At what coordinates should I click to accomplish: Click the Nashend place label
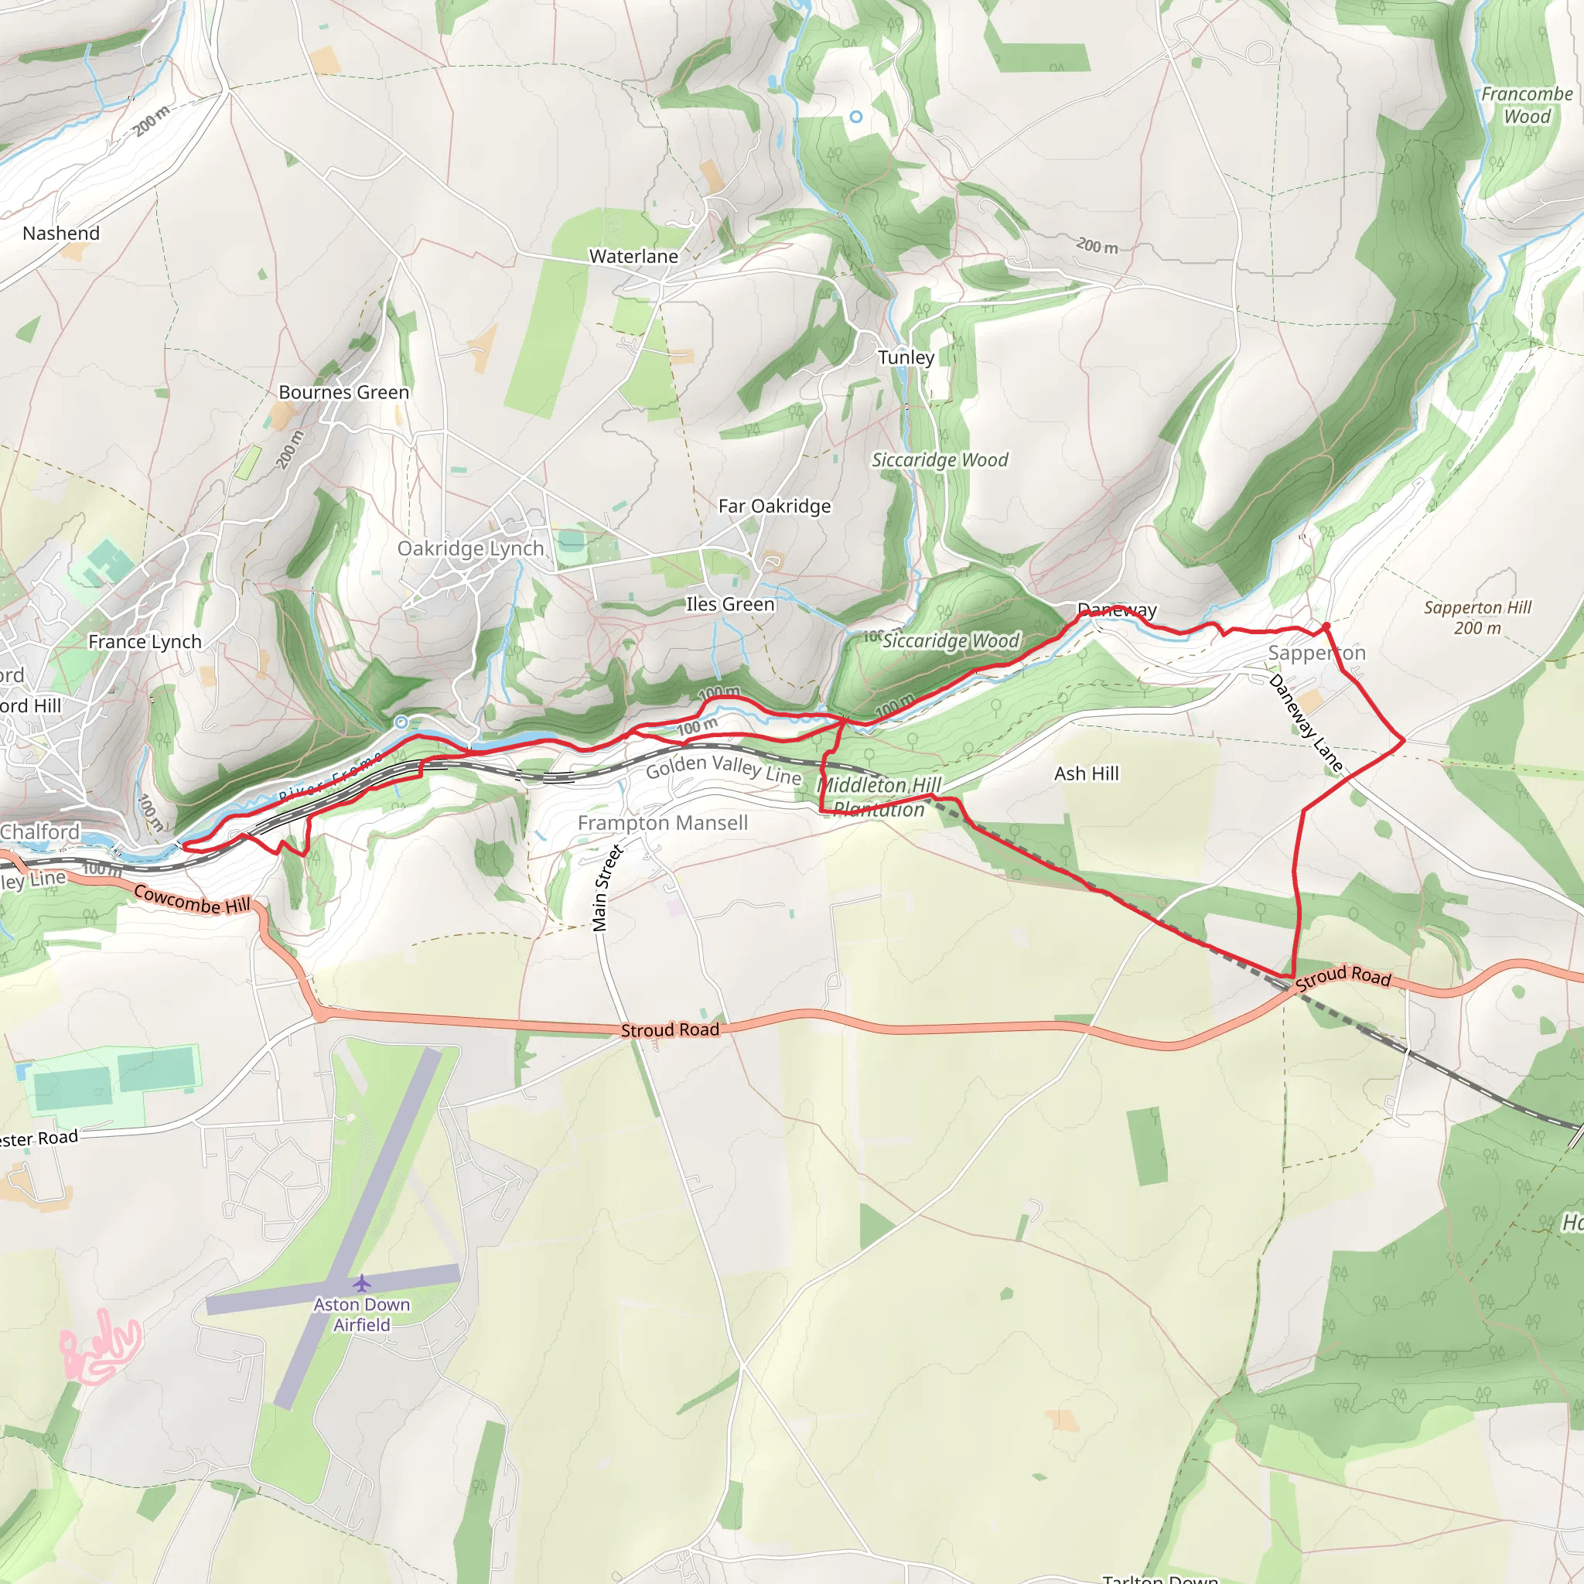tap(62, 234)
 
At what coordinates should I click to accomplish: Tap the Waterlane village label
tap(633, 257)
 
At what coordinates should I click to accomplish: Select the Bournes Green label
tap(343, 393)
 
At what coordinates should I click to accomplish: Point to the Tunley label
tap(906, 357)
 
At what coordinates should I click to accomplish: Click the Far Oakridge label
tap(774, 507)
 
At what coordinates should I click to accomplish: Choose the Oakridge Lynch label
tap(470, 548)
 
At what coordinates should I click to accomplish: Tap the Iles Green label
tap(729, 604)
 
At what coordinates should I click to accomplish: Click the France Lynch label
tap(145, 642)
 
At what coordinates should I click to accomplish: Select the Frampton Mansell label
tap(663, 823)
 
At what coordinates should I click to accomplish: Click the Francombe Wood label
tap(1527, 105)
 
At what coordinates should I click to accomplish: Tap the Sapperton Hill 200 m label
tap(1477, 617)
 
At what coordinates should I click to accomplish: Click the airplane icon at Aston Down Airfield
tap(361, 1282)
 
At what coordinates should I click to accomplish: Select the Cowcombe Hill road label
tap(192, 900)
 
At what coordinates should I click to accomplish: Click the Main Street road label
tap(606, 889)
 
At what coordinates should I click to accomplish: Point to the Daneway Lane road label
tap(1306, 724)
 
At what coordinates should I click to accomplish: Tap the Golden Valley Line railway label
tap(723, 769)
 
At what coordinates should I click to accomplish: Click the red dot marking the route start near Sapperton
tap(1326, 626)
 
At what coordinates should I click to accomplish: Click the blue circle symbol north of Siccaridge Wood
tap(856, 118)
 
